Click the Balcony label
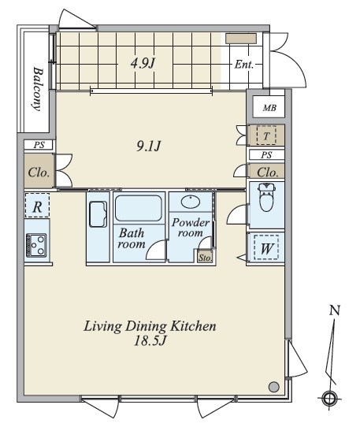tap(38, 89)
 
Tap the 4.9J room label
tap(143, 64)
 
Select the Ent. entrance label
tap(244, 65)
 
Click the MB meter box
tap(269, 107)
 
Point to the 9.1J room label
tap(148, 147)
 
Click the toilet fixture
tap(266, 197)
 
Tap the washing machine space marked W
tap(266, 248)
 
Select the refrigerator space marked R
tap(37, 206)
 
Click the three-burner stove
tap(36, 245)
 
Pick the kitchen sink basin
tap(98, 214)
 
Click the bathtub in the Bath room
tap(139, 208)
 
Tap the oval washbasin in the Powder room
tap(191, 202)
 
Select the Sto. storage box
tap(205, 257)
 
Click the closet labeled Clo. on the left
tap(39, 172)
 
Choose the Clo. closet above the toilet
tap(267, 172)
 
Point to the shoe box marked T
tap(266, 135)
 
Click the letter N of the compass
tap(335, 310)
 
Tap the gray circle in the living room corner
tap(273, 386)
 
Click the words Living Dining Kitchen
tap(150, 326)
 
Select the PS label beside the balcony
tap(39, 145)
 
